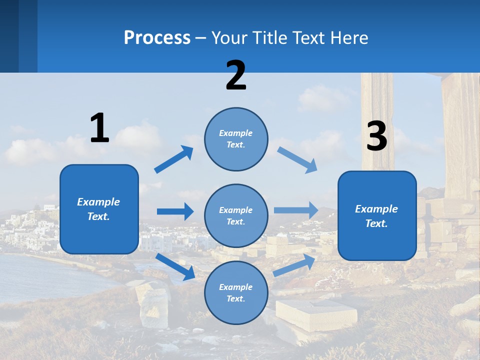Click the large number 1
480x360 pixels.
tap(99, 128)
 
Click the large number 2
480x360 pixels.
tap(236, 75)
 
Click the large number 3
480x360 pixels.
tap(376, 136)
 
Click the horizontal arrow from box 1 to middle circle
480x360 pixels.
tap(175, 211)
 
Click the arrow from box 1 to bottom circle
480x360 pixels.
tap(175, 266)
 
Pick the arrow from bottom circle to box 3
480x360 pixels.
tap(294, 265)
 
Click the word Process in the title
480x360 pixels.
tap(157, 37)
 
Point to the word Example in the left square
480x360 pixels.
tap(98, 202)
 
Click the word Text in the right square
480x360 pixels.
tap(376, 223)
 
